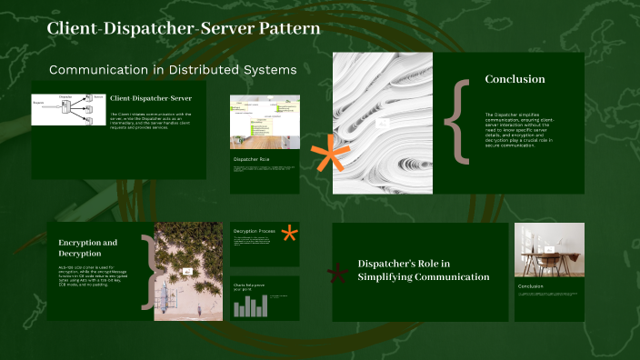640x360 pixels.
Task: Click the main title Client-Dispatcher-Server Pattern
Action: (183, 29)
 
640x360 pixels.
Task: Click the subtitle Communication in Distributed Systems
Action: (172, 70)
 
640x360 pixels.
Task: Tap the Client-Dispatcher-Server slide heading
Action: (151, 97)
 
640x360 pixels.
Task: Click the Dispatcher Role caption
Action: (252, 159)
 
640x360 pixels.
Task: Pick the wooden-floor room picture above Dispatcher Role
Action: (265, 122)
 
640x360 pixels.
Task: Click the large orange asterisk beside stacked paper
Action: (330, 157)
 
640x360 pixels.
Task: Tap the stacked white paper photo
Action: (382, 123)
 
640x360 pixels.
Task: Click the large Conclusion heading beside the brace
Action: (515, 79)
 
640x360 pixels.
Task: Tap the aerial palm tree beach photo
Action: (188, 271)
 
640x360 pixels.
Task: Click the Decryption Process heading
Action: (254, 232)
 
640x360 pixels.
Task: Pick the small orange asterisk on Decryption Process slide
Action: (289, 234)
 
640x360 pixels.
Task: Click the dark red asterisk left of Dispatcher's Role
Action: (339, 272)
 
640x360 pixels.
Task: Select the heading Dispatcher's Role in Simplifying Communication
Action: (424, 270)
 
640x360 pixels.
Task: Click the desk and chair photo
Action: (549, 250)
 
